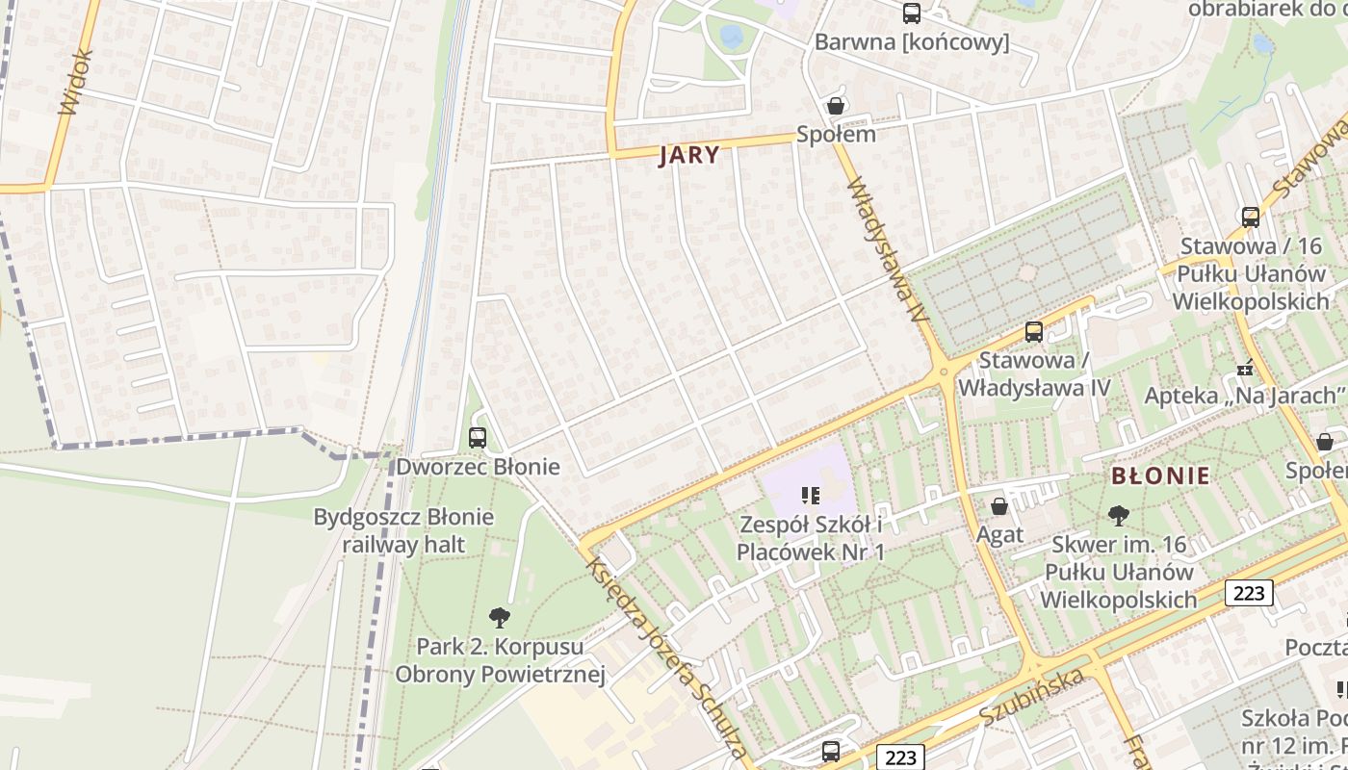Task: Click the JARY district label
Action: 688,155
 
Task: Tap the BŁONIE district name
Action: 1160,475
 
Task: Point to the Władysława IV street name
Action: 887,251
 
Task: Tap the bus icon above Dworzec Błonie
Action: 478,438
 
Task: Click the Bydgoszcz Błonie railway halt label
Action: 403,530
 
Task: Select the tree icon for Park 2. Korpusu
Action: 499,617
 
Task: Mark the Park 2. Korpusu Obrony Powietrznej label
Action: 500,659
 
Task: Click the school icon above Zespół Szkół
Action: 810,496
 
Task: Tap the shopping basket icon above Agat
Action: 999,505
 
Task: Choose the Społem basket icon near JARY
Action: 836,106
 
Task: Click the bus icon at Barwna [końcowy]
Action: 911,13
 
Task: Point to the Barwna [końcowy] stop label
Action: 911,42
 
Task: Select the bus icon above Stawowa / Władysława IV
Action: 1034,332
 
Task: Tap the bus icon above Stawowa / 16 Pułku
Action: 1250,218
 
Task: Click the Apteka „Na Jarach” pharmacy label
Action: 1244,395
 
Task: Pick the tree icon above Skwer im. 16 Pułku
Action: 1118,516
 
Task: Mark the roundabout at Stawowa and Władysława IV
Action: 945,370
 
